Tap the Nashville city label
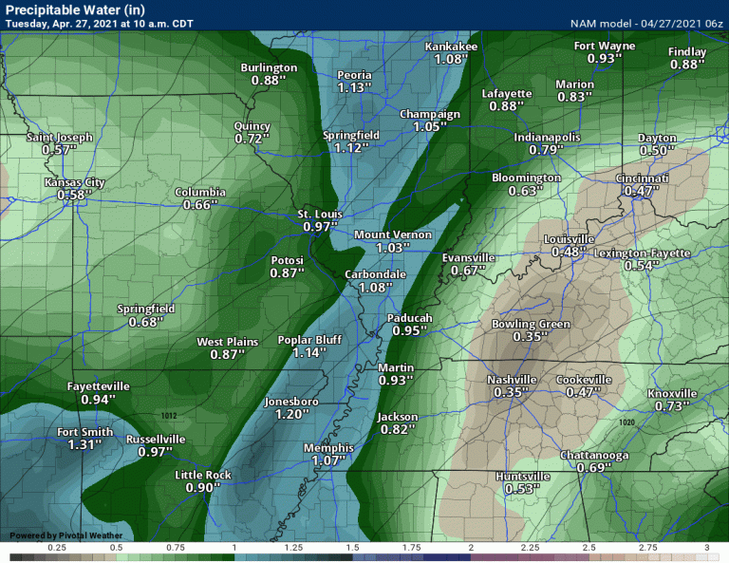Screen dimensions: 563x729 (512, 380)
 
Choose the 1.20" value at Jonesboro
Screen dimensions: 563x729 (287, 414)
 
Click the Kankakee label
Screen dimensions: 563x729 (450, 47)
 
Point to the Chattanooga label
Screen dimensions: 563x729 (593, 456)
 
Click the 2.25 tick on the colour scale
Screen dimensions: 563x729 (531, 549)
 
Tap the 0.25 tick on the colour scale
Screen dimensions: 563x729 (57, 549)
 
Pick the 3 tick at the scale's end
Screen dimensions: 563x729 (708, 549)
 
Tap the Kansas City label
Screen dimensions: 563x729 (74, 182)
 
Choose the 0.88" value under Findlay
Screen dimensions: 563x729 (686, 65)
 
